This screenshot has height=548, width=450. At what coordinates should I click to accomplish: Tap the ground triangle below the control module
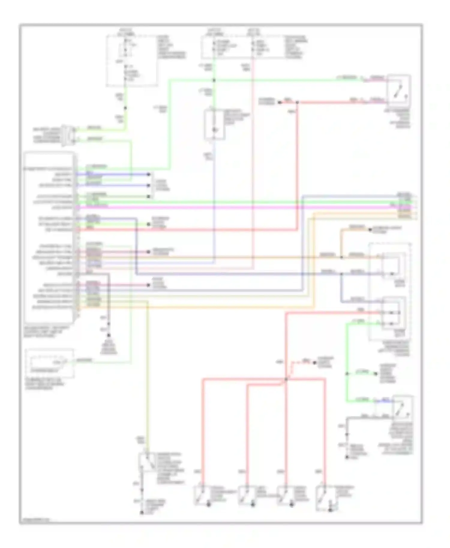coord(109,336)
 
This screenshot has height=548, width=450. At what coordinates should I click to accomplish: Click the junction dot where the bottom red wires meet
coord(286,380)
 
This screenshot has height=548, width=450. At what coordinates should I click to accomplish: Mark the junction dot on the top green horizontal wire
coord(214,80)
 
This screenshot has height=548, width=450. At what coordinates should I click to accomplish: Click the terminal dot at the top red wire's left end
coord(279,103)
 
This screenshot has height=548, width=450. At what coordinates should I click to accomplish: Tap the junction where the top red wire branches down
coord(297,103)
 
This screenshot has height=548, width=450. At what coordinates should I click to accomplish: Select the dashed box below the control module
coord(50,363)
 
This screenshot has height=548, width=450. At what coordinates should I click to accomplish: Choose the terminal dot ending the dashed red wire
coord(314,363)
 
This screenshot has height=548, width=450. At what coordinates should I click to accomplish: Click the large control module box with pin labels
coord(49,237)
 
